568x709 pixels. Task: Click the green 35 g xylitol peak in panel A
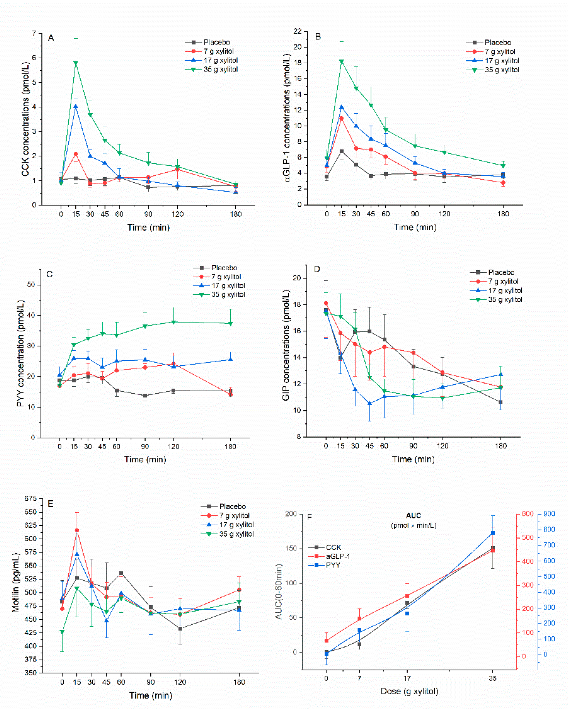(76, 63)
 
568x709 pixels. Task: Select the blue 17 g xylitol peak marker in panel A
(76, 106)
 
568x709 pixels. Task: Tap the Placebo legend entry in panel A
(216, 42)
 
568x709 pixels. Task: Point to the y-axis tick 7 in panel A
(34, 33)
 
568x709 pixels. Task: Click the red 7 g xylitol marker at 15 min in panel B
(342, 118)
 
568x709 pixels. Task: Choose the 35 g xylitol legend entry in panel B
(502, 70)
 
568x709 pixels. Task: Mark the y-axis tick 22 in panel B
(297, 31)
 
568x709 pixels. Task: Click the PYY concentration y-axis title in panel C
(20, 353)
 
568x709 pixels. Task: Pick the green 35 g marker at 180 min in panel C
(231, 324)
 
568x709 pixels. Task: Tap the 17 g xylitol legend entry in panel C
(228, 285)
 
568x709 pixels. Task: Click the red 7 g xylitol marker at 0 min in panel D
(326, 303)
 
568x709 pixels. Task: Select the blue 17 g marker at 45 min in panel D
(370, 403)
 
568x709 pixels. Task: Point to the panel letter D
(317, 269)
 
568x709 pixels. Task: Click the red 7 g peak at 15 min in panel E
(77, 530)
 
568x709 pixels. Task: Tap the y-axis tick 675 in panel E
(30, 498)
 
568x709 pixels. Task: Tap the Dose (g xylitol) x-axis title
(409, 691)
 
